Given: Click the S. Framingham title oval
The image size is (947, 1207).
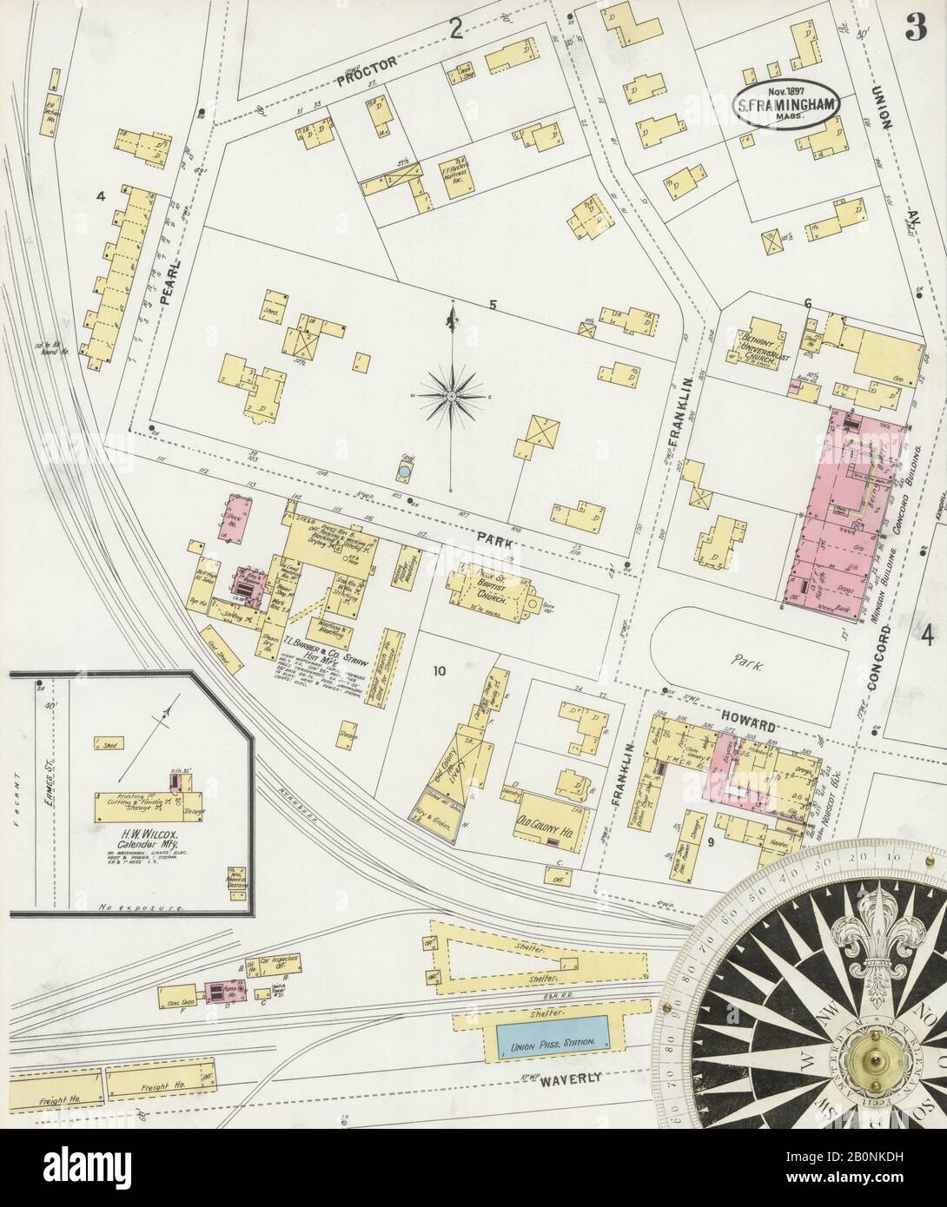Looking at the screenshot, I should tap(788, 106).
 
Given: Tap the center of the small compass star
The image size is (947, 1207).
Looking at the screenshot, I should tap(452, 394).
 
